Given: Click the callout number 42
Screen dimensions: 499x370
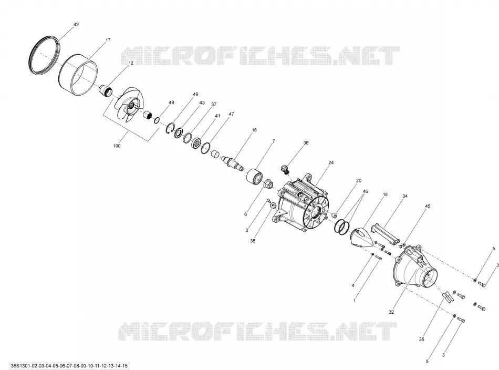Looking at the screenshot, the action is tap(76, 25).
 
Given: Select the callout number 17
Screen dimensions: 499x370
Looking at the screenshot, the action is tap(108, 40).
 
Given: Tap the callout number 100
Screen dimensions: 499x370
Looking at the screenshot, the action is tap(117, 146).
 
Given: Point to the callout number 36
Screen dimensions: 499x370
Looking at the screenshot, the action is tap(306, 143).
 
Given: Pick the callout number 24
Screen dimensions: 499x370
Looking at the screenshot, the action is tap(331, 162).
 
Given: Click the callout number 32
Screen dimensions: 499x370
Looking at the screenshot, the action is tap(391, 312).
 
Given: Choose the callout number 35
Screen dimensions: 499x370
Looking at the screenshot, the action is tap(422, 340).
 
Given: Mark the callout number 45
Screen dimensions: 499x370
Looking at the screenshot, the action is tap(428, 207).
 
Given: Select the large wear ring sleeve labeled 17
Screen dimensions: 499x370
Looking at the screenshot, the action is tap(78, 75).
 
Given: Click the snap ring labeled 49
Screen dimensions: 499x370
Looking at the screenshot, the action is tap(170, 129).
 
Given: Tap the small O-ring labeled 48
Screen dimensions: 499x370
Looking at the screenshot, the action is tap(157, 120).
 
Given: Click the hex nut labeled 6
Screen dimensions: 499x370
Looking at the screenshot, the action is tap(267, 184).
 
